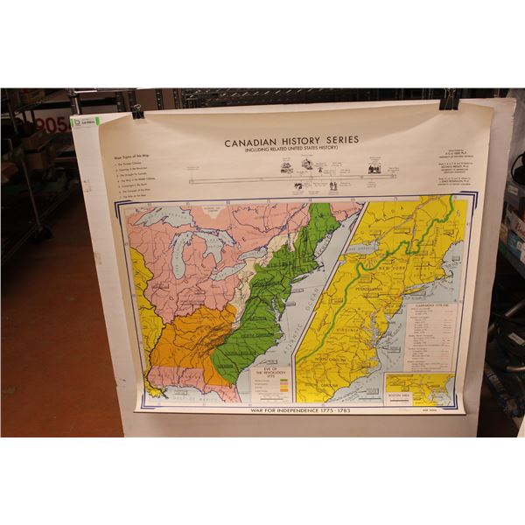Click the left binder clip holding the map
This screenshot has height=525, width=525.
pos(137,111)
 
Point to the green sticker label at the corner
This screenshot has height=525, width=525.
pos(85,122)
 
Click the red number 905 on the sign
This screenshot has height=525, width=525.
pos(52,125)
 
